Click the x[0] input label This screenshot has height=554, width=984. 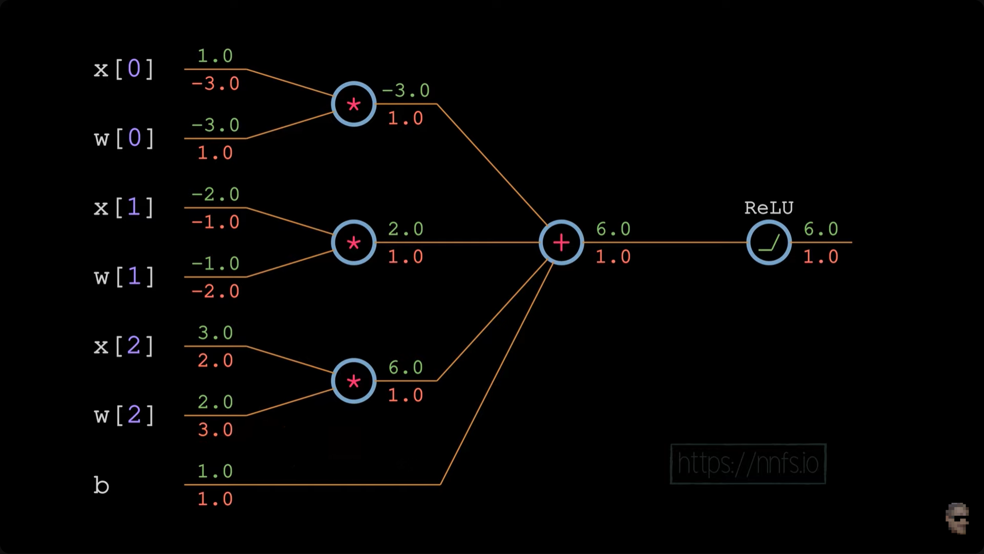(x=124, y=69)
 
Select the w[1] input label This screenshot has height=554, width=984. (x=124, y=277)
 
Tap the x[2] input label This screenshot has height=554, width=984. (x=124, y=346)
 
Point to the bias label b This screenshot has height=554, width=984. (x=101, y=485)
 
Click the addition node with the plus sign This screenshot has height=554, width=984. (x=561, y=242)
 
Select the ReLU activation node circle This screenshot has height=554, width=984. (x=769, y=242)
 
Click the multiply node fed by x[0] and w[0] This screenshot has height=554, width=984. (x=353, y=104)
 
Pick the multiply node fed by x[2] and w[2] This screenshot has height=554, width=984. (x=353, y=381)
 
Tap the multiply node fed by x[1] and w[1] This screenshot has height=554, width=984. (x=353, y=242)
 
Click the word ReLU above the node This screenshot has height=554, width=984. (x=769, y=208)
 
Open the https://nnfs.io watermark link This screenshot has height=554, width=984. (x=747, y=464)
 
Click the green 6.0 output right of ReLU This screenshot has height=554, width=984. (x=820, y=229)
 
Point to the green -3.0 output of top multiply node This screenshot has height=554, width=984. (x=406, y=90)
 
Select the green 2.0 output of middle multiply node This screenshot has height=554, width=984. (x=406, y=229)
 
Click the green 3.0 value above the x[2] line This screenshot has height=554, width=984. (x=215, y=333)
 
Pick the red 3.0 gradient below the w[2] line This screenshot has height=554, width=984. (x=215, y=430)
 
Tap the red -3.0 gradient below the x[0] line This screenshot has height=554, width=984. (x=215, y=83)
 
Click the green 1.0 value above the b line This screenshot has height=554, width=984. (x=215, y=471)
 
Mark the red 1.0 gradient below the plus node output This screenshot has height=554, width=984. (x=613, y=257)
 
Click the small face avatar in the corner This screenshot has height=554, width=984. (x=957, y=519)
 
